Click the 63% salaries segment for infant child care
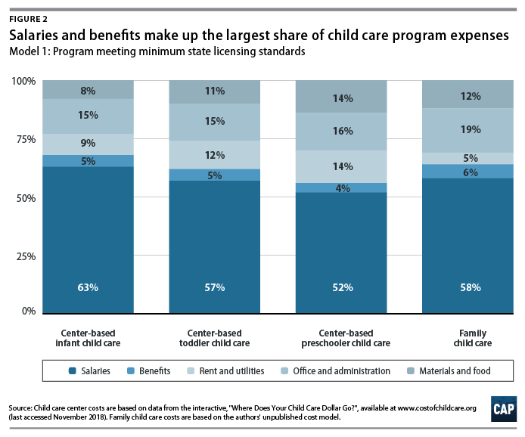click(x=88, y=239)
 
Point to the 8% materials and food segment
click(x=88, y=90)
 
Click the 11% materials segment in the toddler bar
click(x=214, y=91)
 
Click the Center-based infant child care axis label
click(x=88, y=337)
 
